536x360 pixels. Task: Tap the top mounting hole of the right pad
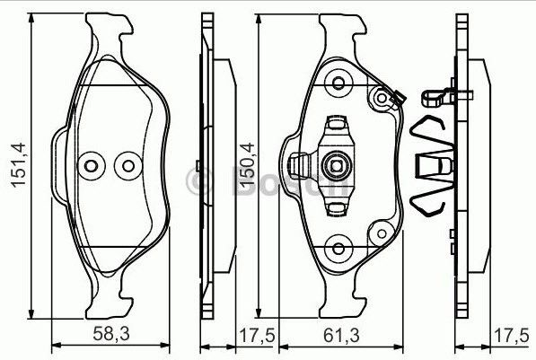(x=339, y=83)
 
